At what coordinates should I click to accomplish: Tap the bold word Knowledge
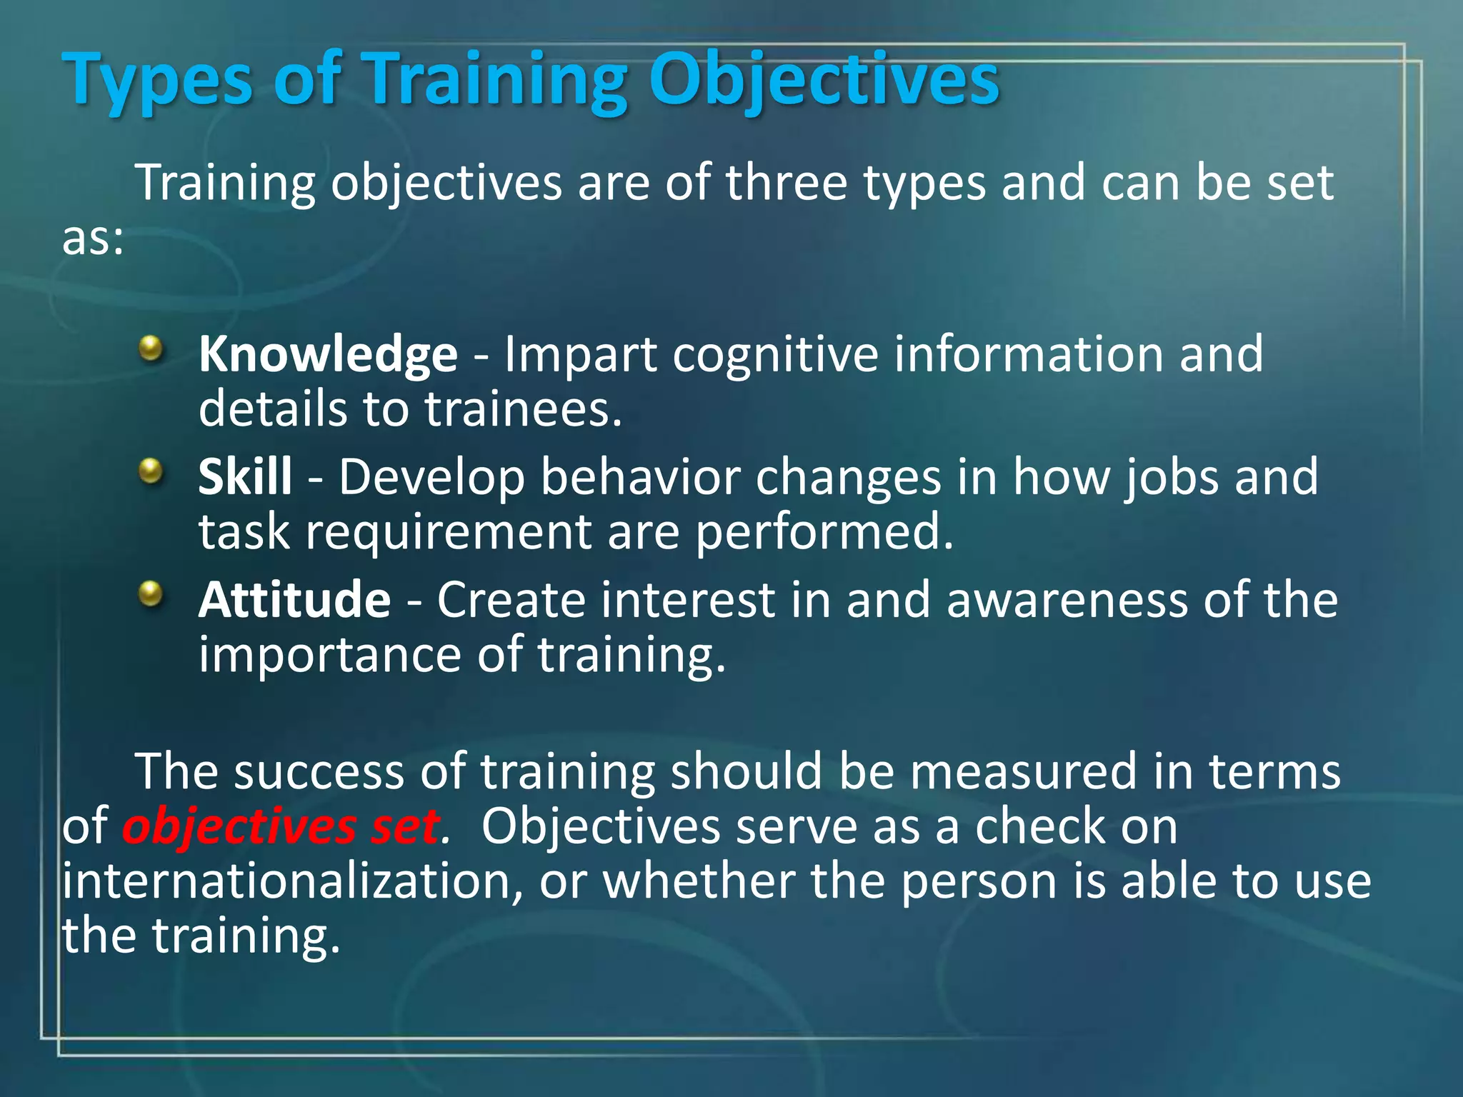click(x=328, y=355)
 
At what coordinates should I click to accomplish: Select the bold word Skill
click(x=245, y=477)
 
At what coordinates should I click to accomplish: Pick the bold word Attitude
click(x=294, y=600)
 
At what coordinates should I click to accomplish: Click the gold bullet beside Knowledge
click(x=151, y=349)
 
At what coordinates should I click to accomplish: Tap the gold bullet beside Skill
click(x=151, y=471)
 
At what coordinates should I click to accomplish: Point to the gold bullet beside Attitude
click(x=151, y=593)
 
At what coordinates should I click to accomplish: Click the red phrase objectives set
click(x=280, y=827)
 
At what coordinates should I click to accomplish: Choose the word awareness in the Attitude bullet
click(x=1067, y=600)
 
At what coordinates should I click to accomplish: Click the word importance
click(x=329, y=655)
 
